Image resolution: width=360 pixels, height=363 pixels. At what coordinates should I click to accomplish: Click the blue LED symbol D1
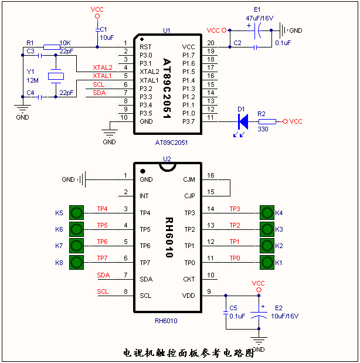(242, 121)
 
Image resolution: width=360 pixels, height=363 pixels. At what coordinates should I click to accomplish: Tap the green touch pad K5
(76, 212)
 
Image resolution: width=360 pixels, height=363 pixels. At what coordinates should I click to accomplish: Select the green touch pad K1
(267, 262)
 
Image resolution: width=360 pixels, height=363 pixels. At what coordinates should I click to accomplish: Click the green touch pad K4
(267, 212)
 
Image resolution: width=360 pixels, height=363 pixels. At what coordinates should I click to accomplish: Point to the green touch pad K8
(76, 262)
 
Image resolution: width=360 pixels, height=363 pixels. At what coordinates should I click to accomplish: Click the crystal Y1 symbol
(56, 76)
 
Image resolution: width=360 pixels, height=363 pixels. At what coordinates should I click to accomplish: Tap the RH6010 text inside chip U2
(169, 238)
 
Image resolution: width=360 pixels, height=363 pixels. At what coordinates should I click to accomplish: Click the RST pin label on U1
(145, 46)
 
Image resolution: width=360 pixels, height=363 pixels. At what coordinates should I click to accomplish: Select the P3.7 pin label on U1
(188, 121)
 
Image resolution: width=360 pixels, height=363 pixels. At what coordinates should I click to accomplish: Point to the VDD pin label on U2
(189, 295)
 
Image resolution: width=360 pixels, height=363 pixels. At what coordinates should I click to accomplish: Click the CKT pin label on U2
(189, 279)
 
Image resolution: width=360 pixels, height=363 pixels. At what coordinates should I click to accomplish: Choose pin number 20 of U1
(211, 43)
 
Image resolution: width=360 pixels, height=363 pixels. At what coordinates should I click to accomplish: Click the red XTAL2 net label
(102, 67)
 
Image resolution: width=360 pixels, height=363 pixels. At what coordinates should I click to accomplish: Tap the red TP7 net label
(102, 258)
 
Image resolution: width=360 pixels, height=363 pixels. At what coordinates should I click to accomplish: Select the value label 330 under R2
(263, 130)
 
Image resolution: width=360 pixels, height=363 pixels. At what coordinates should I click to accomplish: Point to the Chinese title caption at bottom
(189, 353)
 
